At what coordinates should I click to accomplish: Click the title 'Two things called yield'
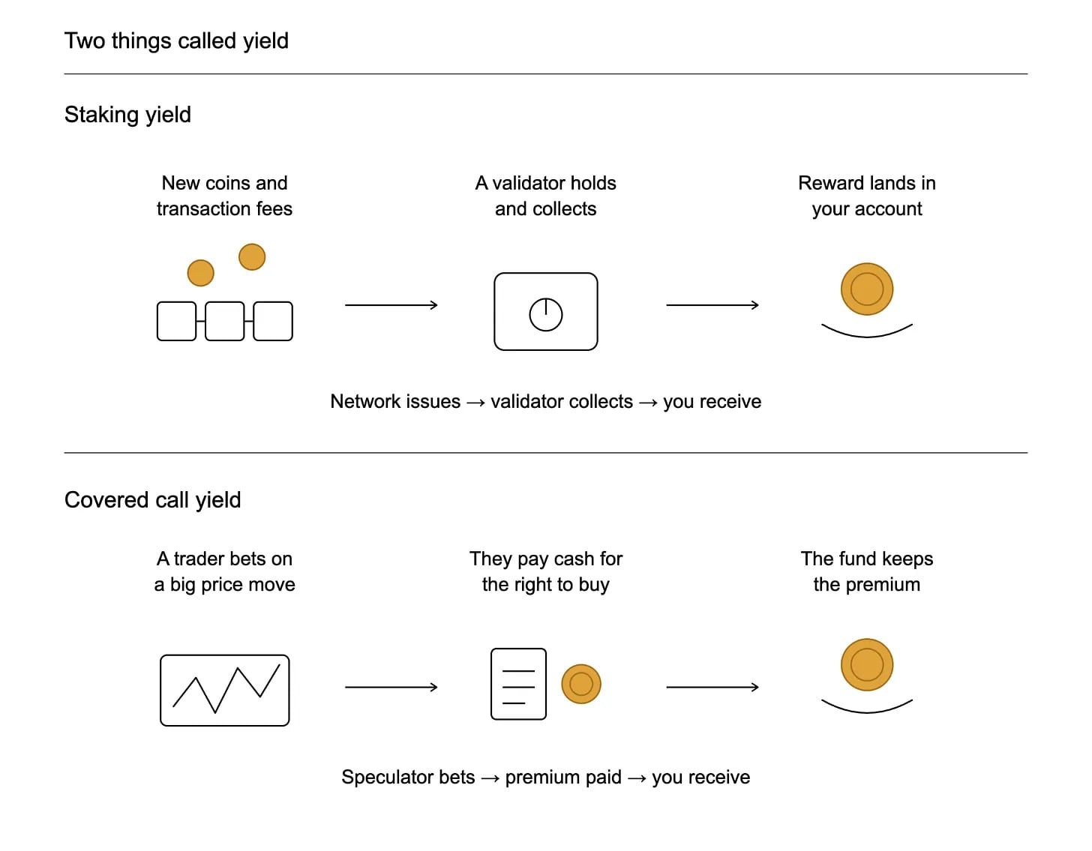click(x=176, y=41)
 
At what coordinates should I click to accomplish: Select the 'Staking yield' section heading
click(x=127, y=115)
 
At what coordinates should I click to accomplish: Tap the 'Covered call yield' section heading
click(x=153, y=500)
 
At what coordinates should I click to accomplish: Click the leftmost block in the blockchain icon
click(x=176, y=321)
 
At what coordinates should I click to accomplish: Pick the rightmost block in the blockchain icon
click(x=273, y=321)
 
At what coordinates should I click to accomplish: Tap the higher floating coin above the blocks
click(x=252, y=257)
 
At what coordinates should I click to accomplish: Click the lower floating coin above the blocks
click(x=200, y=273)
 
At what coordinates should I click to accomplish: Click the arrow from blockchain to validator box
click(x=391, y=305)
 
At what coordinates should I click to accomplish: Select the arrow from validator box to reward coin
click(x=712, y=305)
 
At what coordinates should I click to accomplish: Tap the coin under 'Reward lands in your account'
click(x=867, y=289)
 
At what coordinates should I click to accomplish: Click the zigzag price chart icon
click(x=225, y=691)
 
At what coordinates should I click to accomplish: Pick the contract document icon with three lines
click(x=518, y=685)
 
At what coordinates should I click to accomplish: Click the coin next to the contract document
click(x=581, y=685)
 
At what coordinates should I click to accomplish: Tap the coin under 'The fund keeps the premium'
click(x=867, y=664)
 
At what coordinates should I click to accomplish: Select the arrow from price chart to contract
click(x=391, y=687)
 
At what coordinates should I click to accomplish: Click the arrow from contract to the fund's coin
click(x=712, y=687)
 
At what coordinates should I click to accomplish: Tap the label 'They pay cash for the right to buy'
click(x=546, y=571)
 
